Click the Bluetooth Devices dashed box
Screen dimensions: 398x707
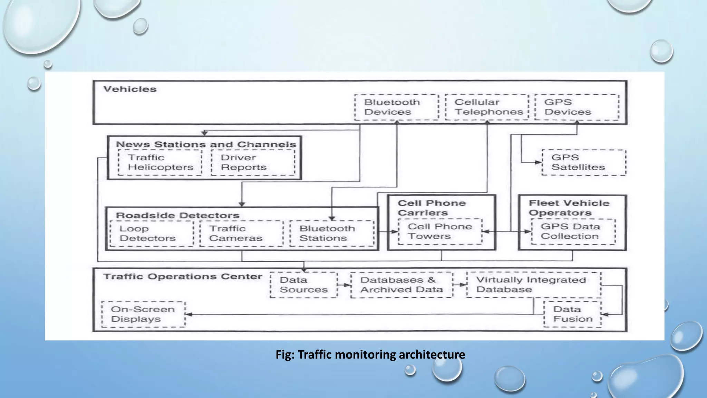(x=396, y=107)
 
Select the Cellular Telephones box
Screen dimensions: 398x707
(x=487, y=107)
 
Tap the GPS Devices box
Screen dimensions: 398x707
(x=577, y=107)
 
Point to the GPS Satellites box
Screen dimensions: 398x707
(x=583, y=162)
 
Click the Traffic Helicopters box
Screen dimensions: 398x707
(x=160, y=162)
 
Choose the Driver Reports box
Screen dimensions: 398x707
(x=253, y=162)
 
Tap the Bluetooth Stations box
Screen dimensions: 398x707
(x=331, y=234)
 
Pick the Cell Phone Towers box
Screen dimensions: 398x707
(x=440, y=231)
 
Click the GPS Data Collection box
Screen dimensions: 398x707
(x=573, y=231)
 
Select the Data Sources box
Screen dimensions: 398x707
(x=303, y=285)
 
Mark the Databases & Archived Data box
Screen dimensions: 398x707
(x=401, y=285)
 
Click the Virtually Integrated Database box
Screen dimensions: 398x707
(x=533, y=285)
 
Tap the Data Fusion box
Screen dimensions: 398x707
(x=572, y=314)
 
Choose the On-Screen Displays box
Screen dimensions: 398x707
(x=143, y=314)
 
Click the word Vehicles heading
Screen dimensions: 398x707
(x=130, y=89)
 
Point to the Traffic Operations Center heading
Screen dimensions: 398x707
(x=182, y=276)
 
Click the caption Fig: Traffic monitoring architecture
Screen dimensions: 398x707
(x=370, y=355)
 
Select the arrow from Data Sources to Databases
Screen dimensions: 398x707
(x=344, y=285)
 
